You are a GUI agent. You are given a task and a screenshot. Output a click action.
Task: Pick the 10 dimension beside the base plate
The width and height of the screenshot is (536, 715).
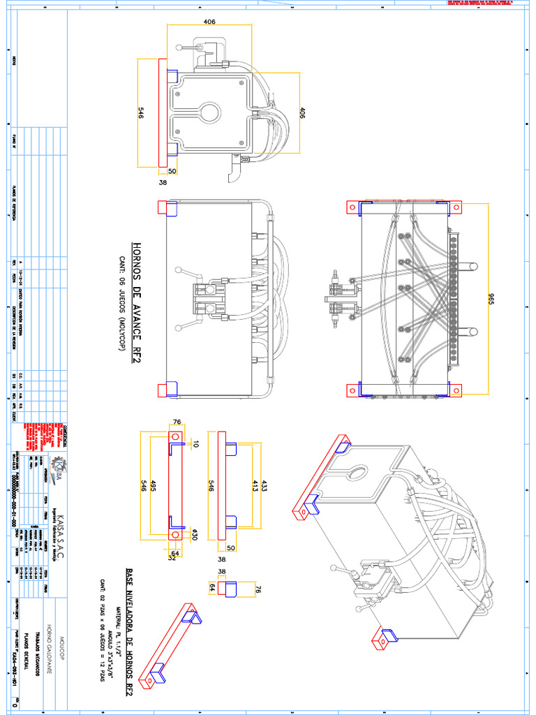196,443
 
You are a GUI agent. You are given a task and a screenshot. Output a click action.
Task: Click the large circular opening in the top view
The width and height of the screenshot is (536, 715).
207,115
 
